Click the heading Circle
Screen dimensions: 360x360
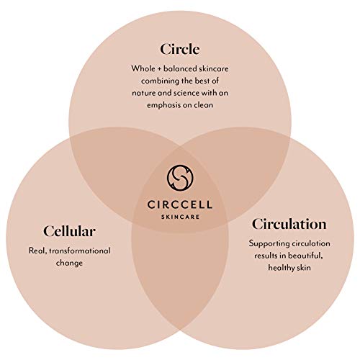(x=180, y=49)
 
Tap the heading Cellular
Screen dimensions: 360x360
(x=69, y=231)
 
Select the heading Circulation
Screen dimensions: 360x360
(x=289, y=224)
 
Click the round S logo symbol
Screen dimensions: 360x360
(x=180, y=178)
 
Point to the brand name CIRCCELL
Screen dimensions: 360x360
(x=180, y=204)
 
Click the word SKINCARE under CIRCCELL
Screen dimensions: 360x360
(x=180, y=217)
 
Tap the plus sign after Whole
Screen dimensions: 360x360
(x=159, y=69)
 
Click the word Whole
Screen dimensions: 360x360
(x=143, y=68)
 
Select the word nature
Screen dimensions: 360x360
(x=144, y=93)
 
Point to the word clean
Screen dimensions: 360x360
(x=203, y=105)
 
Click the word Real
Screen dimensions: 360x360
(x=37, y=251)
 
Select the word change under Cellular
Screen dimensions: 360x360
(x=69, y=264)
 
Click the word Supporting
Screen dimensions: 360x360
(x=269, y=244)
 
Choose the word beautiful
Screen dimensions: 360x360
(x=305, y=256)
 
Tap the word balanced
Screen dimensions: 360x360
(x=180, y=68)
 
